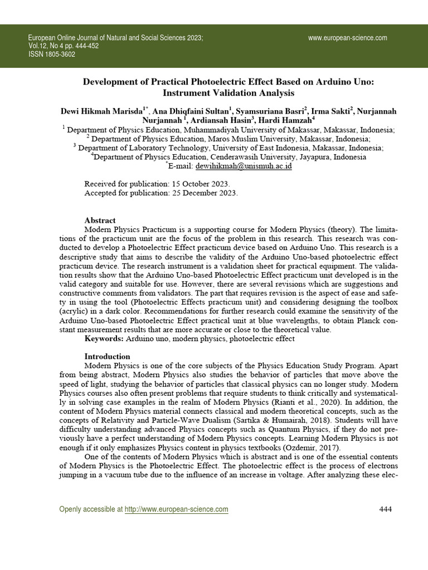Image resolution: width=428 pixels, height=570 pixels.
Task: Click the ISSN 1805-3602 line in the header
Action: (51, 55)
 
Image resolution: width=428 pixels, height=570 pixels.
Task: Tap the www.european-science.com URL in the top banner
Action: (347, 38)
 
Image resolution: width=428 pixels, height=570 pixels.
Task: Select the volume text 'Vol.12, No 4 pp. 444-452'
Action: (63, 46)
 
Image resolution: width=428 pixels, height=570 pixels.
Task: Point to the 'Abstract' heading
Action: (100, 220)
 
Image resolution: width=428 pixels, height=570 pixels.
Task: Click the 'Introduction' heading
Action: (107, 356)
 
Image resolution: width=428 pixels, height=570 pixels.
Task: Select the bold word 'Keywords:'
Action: (104, 338)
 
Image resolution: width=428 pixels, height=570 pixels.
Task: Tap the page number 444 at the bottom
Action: (386, 509)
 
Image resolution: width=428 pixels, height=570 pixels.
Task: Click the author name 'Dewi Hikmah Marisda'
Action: (101, 111)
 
